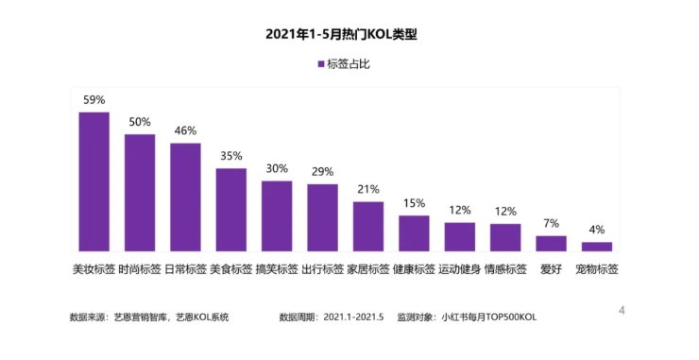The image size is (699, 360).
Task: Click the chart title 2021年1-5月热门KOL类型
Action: click(x=349, y=35)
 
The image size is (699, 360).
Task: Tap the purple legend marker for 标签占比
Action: click(x=320, y=64)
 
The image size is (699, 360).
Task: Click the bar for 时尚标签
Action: click(x=140, y=192)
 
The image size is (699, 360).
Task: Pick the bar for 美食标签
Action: click(x=230, y=209)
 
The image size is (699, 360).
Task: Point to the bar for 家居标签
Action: click(x=367, y=226)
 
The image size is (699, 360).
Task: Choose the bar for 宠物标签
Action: click(x=596, y=246)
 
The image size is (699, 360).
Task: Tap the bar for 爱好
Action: click(x=551, y=243)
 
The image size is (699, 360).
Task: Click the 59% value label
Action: click(x=94, y=99)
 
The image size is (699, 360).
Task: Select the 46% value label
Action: click(x=185, y=131)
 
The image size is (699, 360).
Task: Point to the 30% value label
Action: click(x=277, y=168)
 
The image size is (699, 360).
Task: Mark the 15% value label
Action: click(x=414, y=203)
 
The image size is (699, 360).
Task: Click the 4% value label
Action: click(x=596, y=230)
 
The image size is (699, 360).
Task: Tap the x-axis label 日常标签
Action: click(x=185, y=268)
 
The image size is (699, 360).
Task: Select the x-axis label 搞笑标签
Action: click(x=277, y=268)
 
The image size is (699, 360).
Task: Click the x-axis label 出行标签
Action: click(x=322, y=268)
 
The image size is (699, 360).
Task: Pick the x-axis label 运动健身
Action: click(x=459, y=268)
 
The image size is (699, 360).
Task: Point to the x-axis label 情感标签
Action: click(x=504, y=268)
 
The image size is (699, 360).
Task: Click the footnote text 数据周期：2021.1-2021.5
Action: click(x=332, y=317)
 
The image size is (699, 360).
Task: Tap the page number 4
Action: click(x=622, y=310)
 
